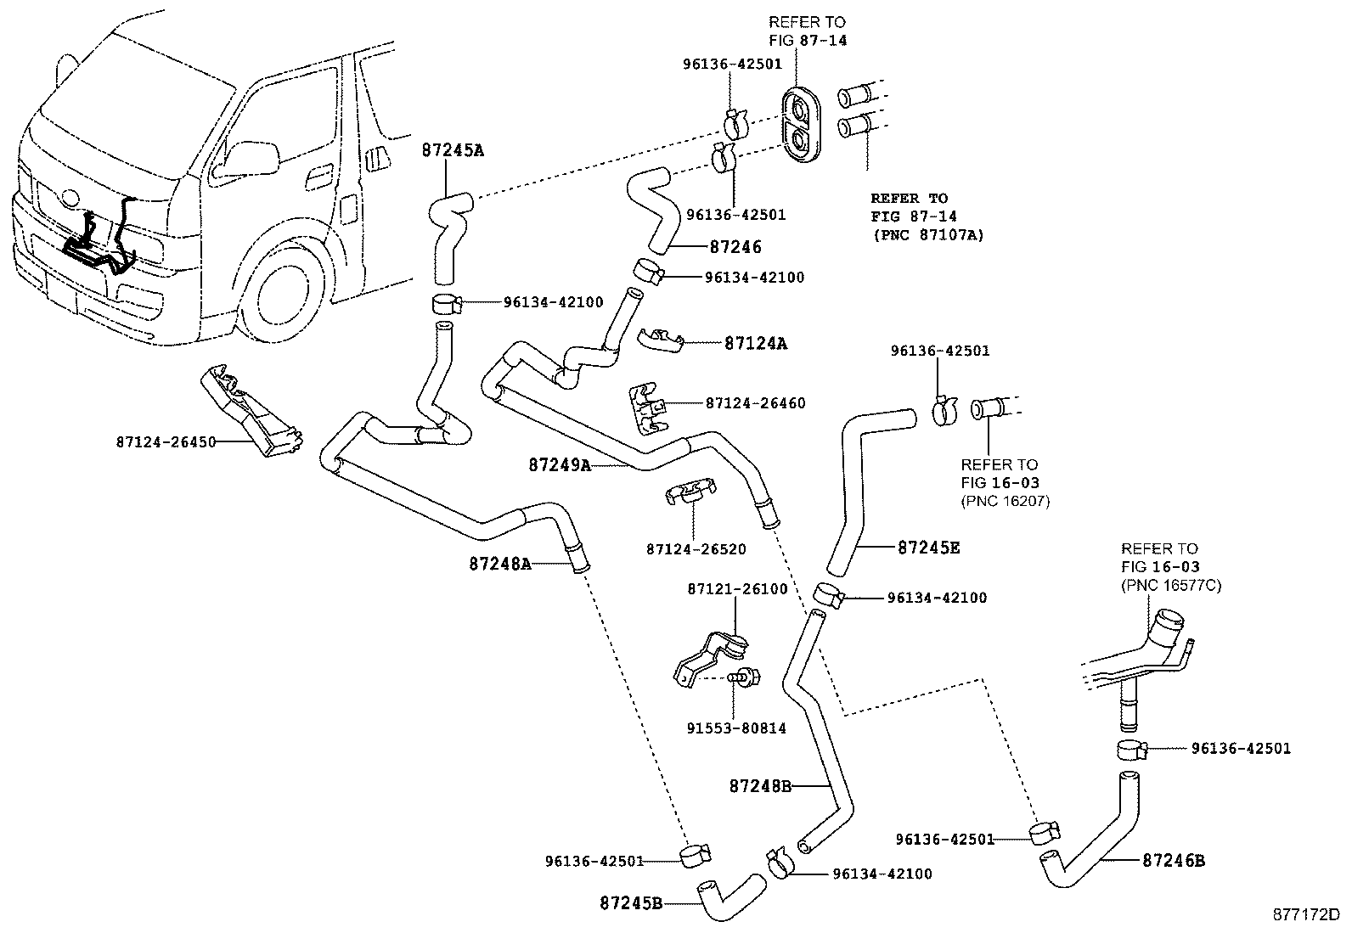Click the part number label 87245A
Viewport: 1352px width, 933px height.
pos(453,149)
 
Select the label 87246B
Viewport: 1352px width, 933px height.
pos(1174,861)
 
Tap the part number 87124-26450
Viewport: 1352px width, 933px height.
pos(166,442)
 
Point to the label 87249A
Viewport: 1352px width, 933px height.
pos(561,464)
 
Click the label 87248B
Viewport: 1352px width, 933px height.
pos(761,786)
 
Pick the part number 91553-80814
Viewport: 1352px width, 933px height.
pos(736,728)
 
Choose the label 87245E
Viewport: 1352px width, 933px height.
pos(929,548)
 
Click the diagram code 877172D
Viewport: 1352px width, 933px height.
pos(1306,915)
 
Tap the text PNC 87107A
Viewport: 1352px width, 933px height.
pos(929,235)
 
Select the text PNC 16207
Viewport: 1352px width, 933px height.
pos(1006,501)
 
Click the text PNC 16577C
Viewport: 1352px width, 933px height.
pos(1171,586)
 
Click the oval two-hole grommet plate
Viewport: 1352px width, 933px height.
pos(801,126)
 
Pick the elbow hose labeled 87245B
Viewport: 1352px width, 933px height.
pos(731,897)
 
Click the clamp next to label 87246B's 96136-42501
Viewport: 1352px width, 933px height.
pos(1045,833)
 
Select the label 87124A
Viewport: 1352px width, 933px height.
pos(756,343)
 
